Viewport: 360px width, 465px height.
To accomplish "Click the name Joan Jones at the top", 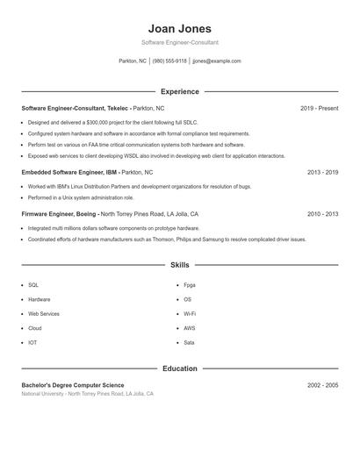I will point(179,28).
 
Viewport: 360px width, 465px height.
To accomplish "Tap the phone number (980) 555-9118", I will point(169,61).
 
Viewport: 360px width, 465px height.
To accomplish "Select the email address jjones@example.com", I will point(216,61).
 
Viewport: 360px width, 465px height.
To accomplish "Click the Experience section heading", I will point(179,91).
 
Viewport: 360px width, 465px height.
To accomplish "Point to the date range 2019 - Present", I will point(319,108).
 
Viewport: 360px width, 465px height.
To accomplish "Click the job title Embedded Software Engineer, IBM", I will point(69,173).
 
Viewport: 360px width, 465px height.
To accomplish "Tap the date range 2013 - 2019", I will point(322,173).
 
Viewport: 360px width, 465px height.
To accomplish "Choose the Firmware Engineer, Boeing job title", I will point(60,213).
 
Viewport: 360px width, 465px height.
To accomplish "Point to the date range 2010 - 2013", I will point(322,213).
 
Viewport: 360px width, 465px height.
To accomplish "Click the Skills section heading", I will point(179,264).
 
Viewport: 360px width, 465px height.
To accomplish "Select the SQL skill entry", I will point(33,285).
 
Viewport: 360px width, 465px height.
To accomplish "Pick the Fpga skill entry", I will point(190,285).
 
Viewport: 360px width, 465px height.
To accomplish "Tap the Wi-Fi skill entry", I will point(190,313).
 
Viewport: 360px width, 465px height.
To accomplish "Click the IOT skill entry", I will point(32,342).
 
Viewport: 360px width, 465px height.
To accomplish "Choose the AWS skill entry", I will point(190,328).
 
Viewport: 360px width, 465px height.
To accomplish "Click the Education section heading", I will point(179,368).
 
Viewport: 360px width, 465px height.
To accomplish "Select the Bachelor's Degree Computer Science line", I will point(73,385).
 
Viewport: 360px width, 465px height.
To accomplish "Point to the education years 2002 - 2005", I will point(322,385).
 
